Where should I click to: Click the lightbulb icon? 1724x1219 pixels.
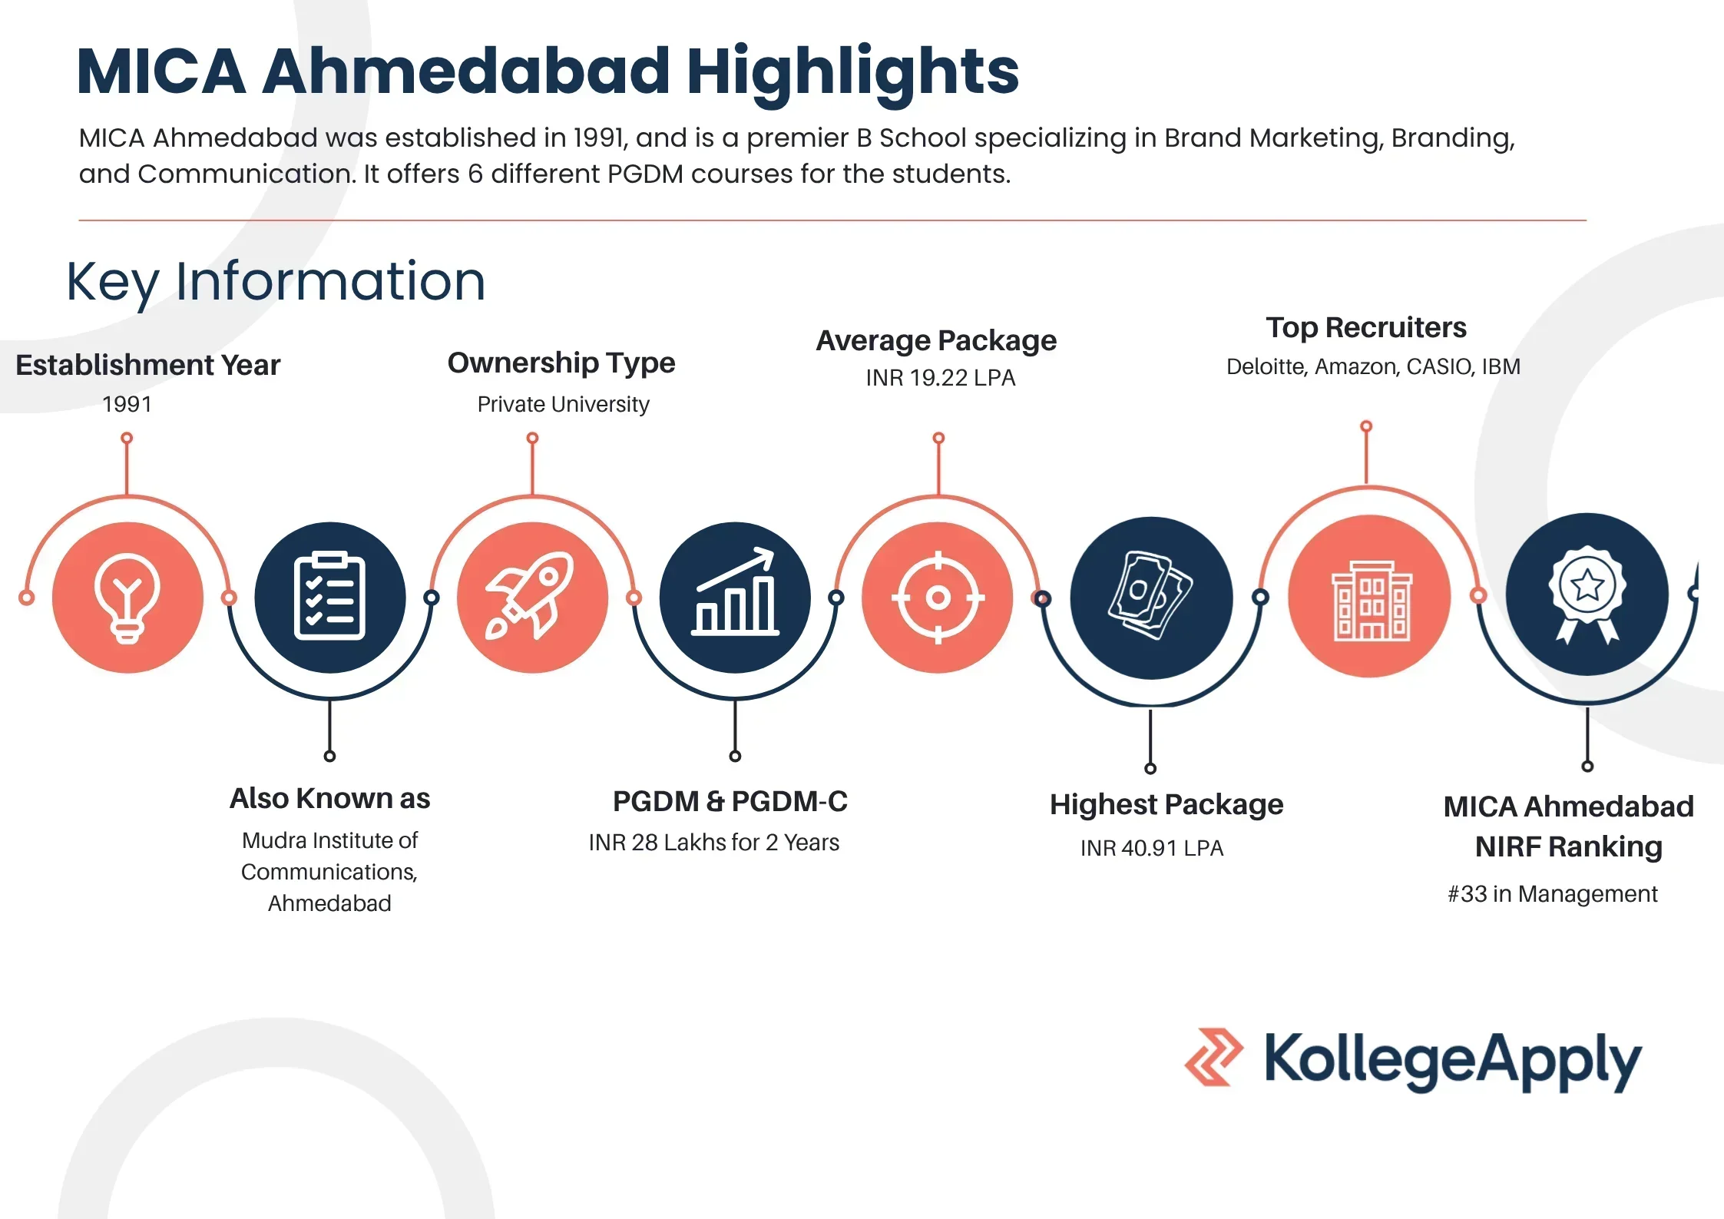tap(127, 598)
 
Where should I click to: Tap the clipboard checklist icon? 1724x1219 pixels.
tap(329, 596)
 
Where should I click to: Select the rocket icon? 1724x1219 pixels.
tap(530, 596)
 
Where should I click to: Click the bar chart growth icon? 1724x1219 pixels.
tap(735, 591)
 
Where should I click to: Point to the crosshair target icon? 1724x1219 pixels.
tap(938, 597)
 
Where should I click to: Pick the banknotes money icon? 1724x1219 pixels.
tap(1150, 595)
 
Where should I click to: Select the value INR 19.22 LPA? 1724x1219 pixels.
tap(940, 378)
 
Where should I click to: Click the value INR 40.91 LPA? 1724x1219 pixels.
tap(1151, 848)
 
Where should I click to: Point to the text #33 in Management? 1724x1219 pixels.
tap(1552, 894)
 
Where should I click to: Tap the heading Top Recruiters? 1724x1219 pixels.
tap(1366, 327)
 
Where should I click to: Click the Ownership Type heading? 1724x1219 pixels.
tap(561, 363)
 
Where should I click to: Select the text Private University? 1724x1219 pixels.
tap(563, 404)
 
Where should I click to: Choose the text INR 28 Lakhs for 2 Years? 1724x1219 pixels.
tap(713, 843)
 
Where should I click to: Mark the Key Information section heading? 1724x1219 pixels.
tap(276, 283)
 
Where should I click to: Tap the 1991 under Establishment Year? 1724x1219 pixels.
tap(127, 404)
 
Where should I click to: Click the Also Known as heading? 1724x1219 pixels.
tap(329, 799)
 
